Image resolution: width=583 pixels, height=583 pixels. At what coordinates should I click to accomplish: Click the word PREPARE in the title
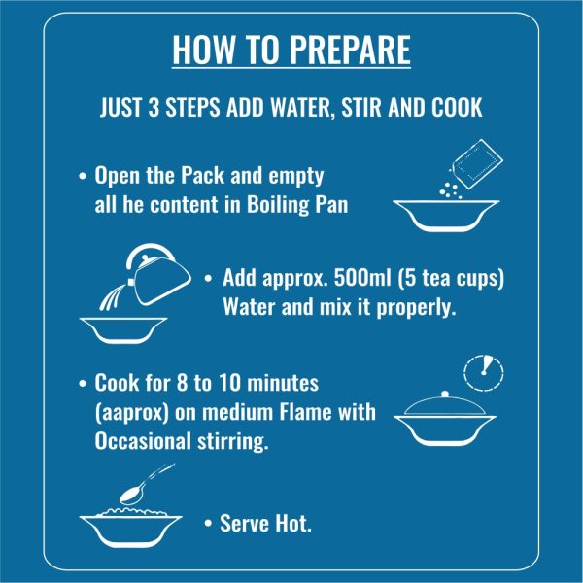click(x=350, y=50)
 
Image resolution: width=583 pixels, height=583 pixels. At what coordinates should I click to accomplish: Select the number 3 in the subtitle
click(x=154, y=107)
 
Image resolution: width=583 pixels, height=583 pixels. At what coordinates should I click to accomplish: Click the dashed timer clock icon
click(x=484, y=372)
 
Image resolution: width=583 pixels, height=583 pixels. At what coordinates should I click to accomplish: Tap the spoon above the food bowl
click(x=145, y=486)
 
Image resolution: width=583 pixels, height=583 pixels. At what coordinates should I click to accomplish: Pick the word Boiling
click(x=278, y=206)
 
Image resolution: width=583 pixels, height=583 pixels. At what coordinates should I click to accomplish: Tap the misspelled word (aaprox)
click(x=131, y=413)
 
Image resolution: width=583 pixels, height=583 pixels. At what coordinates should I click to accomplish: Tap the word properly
click(x=417, y=308)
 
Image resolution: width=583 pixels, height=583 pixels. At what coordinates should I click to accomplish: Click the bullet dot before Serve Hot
click(x=208, y=524)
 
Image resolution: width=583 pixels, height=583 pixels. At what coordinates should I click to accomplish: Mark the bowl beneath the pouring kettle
click(x=123, y=330)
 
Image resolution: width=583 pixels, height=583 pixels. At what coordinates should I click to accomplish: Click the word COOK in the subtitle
click(x=457, y=107)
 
